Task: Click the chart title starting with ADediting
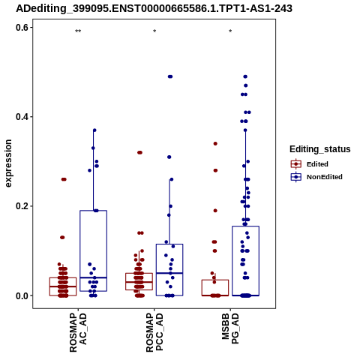point(154,8)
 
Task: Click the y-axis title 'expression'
point(8,163)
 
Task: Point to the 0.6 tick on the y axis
point(22,28)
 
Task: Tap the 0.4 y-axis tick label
point(22,117)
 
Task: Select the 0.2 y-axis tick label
point(22,206)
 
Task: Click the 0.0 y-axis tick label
point(22,295)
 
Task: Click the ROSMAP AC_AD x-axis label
point(78,332)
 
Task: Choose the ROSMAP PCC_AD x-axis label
point(154,332)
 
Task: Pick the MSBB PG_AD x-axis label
point(230,329)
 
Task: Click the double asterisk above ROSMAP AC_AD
point(78,31)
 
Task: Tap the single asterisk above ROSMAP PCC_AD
point(154,31)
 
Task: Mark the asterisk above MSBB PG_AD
point(230,31)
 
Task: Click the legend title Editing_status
point(320,149)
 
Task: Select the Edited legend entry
point(310,164)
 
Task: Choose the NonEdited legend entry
point(316,177)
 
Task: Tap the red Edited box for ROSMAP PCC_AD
point(139,282)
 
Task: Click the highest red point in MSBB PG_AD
point(215,143)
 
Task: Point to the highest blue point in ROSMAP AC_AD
point(94,130)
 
